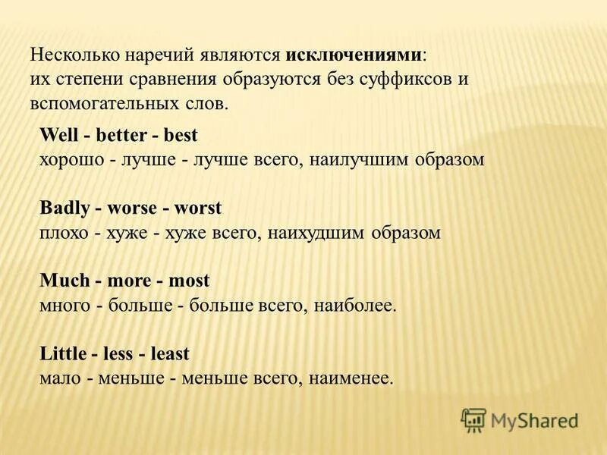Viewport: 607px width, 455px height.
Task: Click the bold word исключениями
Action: [x=354, y=56]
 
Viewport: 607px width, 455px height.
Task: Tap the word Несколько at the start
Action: [x=71, y=56]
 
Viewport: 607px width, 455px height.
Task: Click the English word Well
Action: [x=54, y=136]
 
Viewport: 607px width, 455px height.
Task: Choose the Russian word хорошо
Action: [x=70, y=160]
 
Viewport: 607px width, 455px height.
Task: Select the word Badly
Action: [x=61, y=209]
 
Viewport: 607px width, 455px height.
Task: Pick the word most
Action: [x=190, y=281]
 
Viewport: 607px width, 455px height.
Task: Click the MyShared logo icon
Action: [x=473, y=419]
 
